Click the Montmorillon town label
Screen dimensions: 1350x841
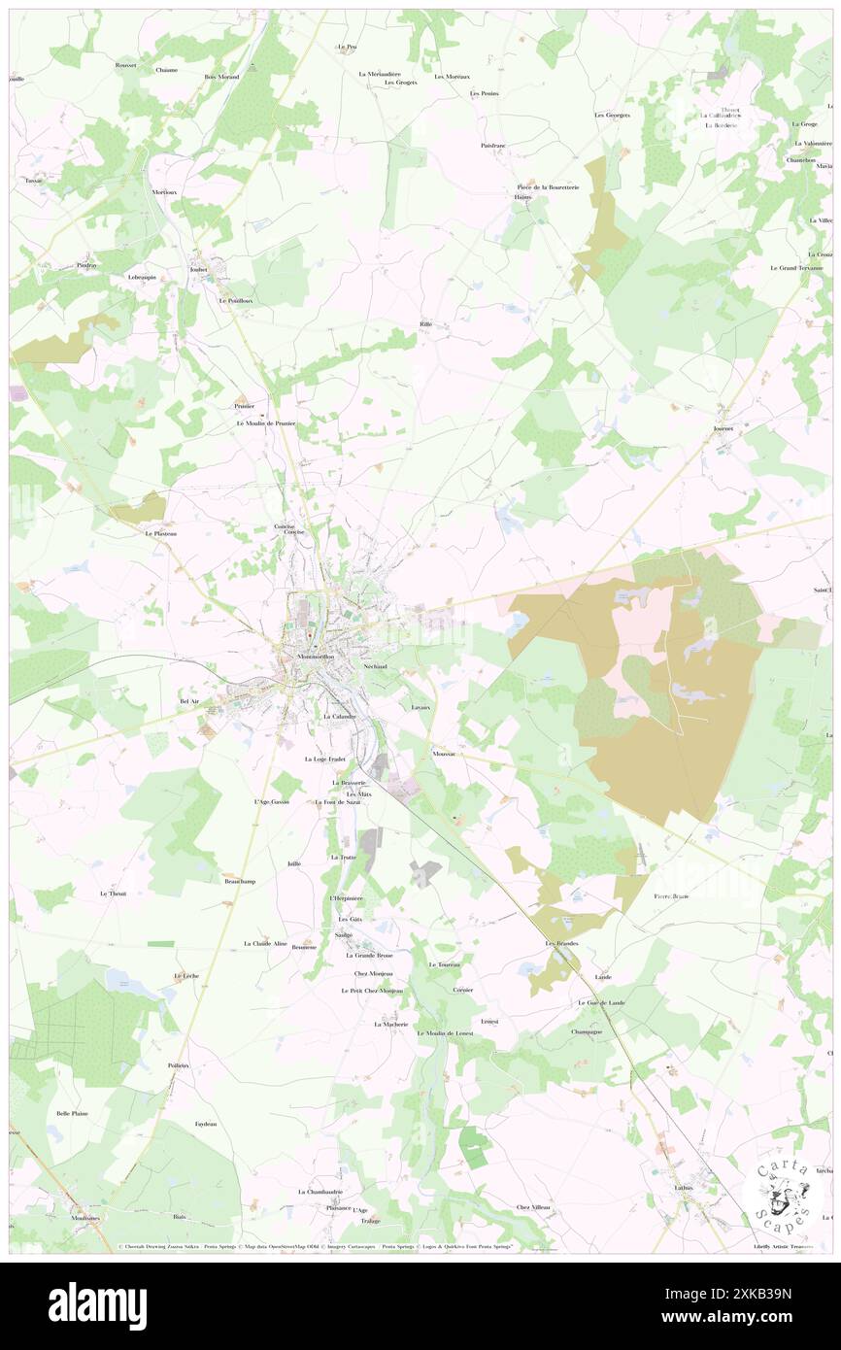(318, 657)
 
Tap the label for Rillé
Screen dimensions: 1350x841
(425, 323)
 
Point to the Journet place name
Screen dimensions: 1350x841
(722, 426)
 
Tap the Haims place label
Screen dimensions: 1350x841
(522, 196)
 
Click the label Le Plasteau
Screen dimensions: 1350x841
(160, 533)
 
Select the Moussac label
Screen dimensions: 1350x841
(445, 754)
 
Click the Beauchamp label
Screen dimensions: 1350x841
(239, 881)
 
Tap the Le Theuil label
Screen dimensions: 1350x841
(114, 893)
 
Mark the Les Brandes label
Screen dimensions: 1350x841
(561, 943)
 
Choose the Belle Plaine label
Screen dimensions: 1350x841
(72, 1113)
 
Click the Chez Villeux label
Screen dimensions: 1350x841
(533, 1207)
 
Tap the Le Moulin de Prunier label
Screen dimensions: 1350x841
(265, 423)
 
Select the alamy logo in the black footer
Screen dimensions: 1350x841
(97, 1305)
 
